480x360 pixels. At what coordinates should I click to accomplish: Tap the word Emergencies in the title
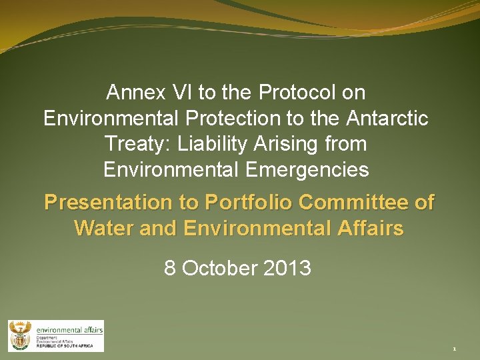click(307, 169)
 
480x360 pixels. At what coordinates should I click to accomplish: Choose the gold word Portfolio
click(249, 203)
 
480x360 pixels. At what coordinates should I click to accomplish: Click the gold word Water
click(102, 229)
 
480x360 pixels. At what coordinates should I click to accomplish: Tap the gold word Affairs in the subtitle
click(372, 229)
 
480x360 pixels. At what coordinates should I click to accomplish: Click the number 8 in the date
click(170, 268)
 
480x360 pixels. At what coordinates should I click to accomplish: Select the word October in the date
click(219, 268)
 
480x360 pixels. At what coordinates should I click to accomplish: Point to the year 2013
click(288, 268)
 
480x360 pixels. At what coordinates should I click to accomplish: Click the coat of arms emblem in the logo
click(20, 335)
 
